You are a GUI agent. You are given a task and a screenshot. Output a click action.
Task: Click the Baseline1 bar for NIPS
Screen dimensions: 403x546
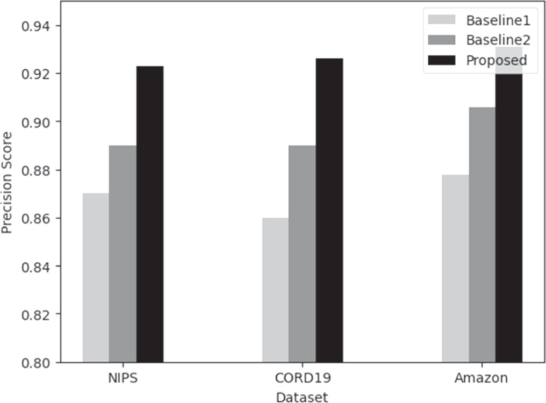pyautogui.click(x=96, y=278)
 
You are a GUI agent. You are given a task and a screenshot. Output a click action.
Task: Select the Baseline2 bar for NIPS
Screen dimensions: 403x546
pyautogui.click(x=123, y=254)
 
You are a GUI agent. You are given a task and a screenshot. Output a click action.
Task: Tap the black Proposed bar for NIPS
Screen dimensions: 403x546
pyautogui.click(x=150, y=214)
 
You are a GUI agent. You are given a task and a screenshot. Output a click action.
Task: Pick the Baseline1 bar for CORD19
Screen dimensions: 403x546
pyautogui.click(x=275, y=290)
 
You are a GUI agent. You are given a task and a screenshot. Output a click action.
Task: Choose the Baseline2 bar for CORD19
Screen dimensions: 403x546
pyautogui.click(x=302, y=254)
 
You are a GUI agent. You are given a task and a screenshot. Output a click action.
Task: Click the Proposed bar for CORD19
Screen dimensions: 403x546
pyautogui.click(x=329, y=210)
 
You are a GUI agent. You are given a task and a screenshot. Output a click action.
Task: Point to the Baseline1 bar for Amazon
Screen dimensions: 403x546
pyautogui.click(x=455, y=269)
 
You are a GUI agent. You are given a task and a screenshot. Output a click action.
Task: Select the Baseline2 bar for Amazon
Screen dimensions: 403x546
pyautogui.click(x=482, y=235)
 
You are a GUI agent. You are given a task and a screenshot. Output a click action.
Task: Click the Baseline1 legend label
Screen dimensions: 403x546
pyautogui.click(x=498, y=21)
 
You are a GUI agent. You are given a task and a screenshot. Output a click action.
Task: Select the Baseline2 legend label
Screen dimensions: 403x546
pyautogui.click(x=498, y=40)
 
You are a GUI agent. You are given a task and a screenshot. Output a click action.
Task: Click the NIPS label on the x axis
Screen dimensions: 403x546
pyautogui.click(x=123, y=378)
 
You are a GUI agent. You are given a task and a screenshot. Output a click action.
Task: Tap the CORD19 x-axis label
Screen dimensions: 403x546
pyautogui.click(x=302, y=378)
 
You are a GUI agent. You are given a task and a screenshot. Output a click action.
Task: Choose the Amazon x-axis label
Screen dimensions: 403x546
pyautogui.click(x=481, y=378)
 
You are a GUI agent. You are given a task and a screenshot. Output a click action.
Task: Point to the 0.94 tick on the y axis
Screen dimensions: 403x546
pyautogui.click(x=34, y=26)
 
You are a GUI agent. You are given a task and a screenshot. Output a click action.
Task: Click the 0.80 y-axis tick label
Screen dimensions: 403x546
pyautogui.click(x=34, y=362)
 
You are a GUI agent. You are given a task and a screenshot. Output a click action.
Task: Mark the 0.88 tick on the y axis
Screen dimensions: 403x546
pyautogui.click(x=34, y=170)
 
